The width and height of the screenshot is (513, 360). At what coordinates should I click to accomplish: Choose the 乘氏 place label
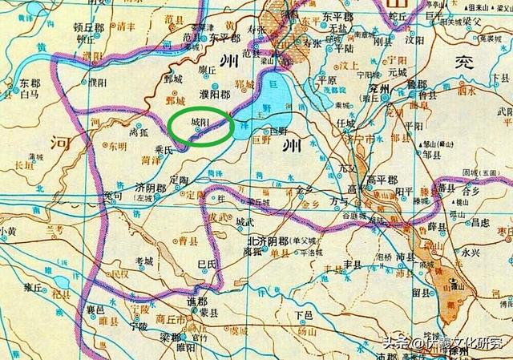[164, 149]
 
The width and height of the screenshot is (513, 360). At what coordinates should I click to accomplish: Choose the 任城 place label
[345, 123]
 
